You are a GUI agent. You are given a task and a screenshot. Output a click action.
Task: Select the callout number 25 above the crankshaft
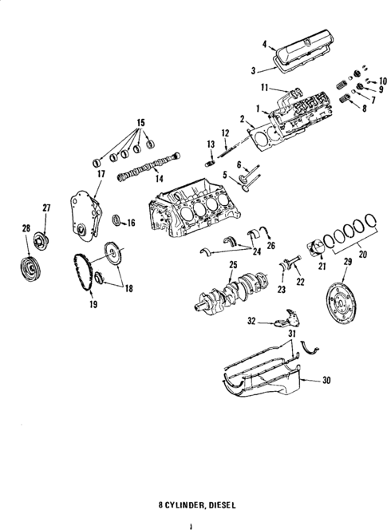(234, 264)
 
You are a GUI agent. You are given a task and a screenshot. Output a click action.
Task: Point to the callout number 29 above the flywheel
(347, 261)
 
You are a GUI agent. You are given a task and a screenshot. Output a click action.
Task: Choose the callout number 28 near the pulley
(26, 228)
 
